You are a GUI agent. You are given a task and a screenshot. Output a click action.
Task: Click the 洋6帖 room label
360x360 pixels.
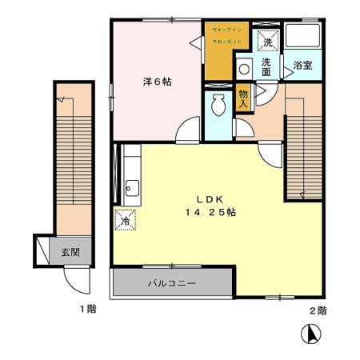[x=158, y=82]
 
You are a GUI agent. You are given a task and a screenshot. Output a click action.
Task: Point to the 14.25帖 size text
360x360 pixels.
[x=210, y=213]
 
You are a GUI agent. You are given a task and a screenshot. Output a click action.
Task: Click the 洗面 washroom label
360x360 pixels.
[x=266, y=66]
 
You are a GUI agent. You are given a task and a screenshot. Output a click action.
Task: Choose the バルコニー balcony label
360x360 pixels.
[x=172, y=283]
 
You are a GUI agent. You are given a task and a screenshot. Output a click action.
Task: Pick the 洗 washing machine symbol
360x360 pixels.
[x=266, y=39]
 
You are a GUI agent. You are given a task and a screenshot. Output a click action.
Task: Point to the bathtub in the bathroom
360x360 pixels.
[x=302, y=38]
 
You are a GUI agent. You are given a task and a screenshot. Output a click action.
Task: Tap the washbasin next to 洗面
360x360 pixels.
[x=245, y=69]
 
